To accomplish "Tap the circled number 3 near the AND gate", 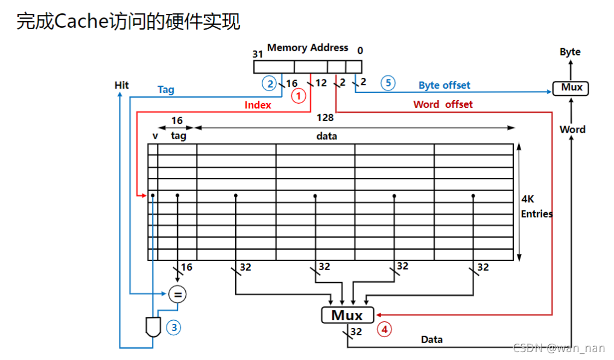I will click(x=174, y=327).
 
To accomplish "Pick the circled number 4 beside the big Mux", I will click(x=384, y=329).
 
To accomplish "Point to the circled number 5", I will click(x=388, y=83).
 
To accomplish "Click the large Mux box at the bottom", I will click(x=347, y=315).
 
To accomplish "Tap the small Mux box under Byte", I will click(x=571, y=88).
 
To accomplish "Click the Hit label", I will click(x=122, y=85).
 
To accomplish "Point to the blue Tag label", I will click(x=166, y=90).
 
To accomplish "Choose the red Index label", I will click(x=258, y=105).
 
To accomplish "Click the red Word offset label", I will click(x=443, y=104).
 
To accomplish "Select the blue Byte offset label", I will click(x=444, y=86).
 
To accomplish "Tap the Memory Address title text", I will click(x=308, y=48).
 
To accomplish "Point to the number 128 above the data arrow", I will click(x=325, y=118).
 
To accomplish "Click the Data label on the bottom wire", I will click(x=431, y=339).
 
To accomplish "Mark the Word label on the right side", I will click(x=572, y=129).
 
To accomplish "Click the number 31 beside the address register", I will click(x=258, y=53).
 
